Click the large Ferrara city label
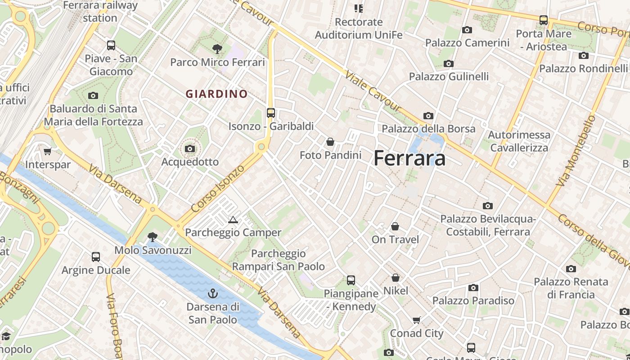[409, 158]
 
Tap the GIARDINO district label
[217, 94]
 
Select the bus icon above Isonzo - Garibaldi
[270, 113]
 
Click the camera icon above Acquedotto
[190, 148]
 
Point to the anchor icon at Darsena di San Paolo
[213, 294]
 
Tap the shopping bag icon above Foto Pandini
[330, 142]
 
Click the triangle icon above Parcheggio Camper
[233, 220]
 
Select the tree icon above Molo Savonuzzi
[153, 237]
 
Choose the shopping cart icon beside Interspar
[48, 151]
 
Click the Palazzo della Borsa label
[428, 129]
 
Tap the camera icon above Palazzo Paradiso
[473, 288]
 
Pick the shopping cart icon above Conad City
[417, 320]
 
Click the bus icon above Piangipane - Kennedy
[351, 280]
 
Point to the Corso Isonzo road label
[218, 189]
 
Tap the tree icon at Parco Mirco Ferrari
[217, 49]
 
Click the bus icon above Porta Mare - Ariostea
[544, 20]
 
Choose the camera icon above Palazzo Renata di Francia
[571, 269]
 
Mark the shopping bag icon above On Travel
[395, 226]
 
